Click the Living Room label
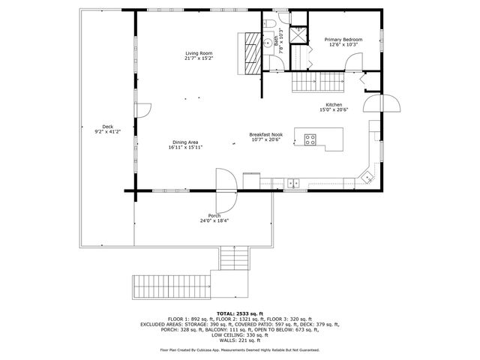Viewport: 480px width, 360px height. click(x=200, y=52)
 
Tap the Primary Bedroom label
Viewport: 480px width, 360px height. click(x=343, y=39)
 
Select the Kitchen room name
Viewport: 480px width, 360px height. click(x=334, y=104)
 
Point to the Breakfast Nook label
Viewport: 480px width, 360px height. click(x=265, y=135)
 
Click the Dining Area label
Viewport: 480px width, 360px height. click(x=185, y=142)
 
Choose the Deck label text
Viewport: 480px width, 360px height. click(x=107, y=126)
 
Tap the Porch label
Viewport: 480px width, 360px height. click(x=214, y=216)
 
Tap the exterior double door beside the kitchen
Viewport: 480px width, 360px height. click(x=382, y=102)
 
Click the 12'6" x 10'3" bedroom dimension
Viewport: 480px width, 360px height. click(x=343, y=45)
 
